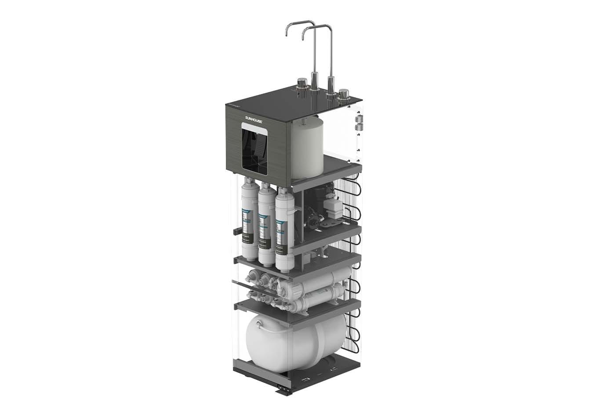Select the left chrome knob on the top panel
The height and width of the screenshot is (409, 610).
click(301, 84)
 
